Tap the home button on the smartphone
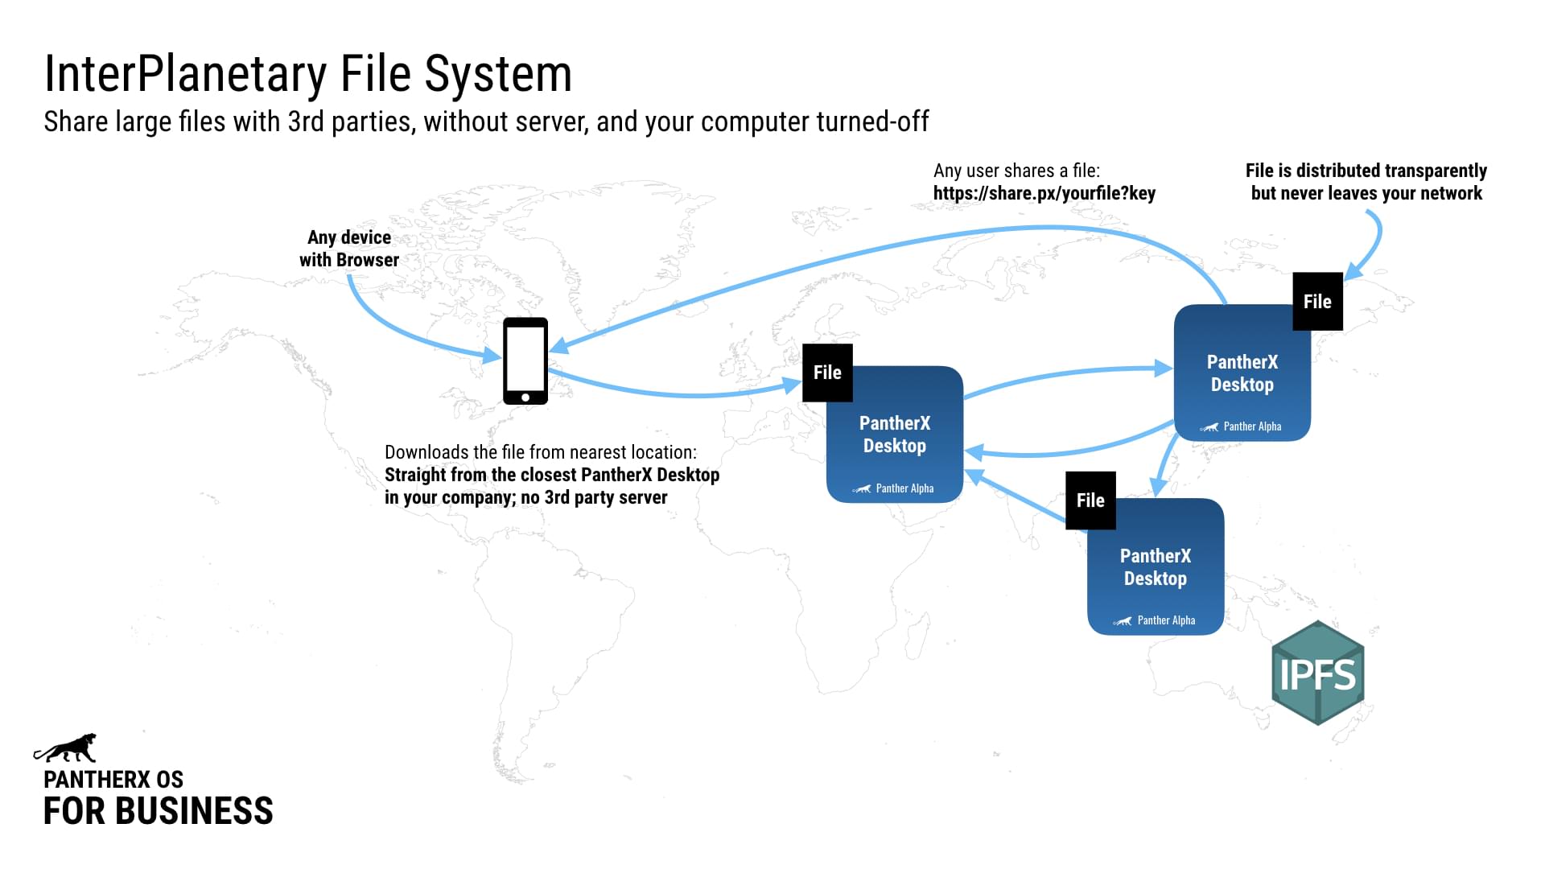click(525, 397)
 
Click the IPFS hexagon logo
click(1317, 673)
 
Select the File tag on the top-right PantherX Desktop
click(1317, 302)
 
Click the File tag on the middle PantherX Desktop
click(827, 373)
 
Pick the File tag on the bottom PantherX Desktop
click(1090, 500)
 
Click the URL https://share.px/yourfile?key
click(1044, 193)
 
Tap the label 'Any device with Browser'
click(349, 249)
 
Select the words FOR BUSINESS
click(158, 811)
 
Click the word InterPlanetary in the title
click(185, 74)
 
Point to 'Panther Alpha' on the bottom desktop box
click(1165, 620)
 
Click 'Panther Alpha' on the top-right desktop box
click(1251, 426)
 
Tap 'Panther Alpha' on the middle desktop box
click(904, 488)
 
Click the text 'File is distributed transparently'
click(1366, 171)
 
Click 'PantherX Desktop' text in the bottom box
click(1156, 567)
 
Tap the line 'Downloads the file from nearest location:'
click(541, 452)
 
